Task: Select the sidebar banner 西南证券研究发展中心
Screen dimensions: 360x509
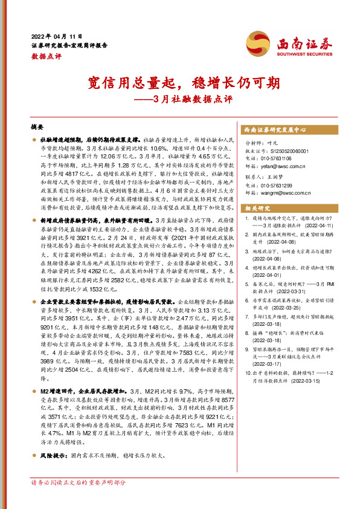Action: coord(275,129)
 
